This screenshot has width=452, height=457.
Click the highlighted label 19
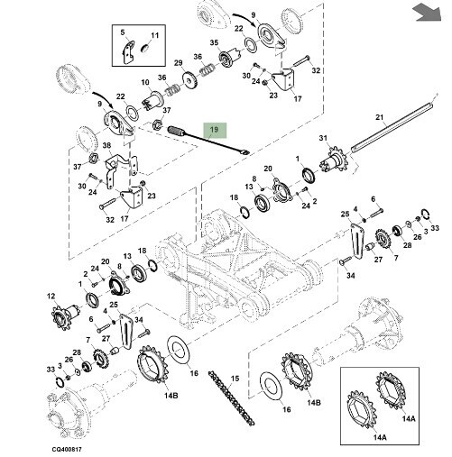(215, 130)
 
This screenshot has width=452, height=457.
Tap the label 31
(322, 138)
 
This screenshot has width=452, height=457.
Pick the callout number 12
(51, 294)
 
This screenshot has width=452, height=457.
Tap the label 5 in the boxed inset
(125, 33)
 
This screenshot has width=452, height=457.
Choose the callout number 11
(154, 35)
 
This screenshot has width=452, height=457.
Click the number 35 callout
(214, 42)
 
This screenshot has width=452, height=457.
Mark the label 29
(178, 62)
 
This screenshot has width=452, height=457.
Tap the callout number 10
(143, 83)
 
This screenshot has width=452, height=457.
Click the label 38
(106, 146)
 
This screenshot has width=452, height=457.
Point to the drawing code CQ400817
(66, 447)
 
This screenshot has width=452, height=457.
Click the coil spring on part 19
(177, 132)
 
